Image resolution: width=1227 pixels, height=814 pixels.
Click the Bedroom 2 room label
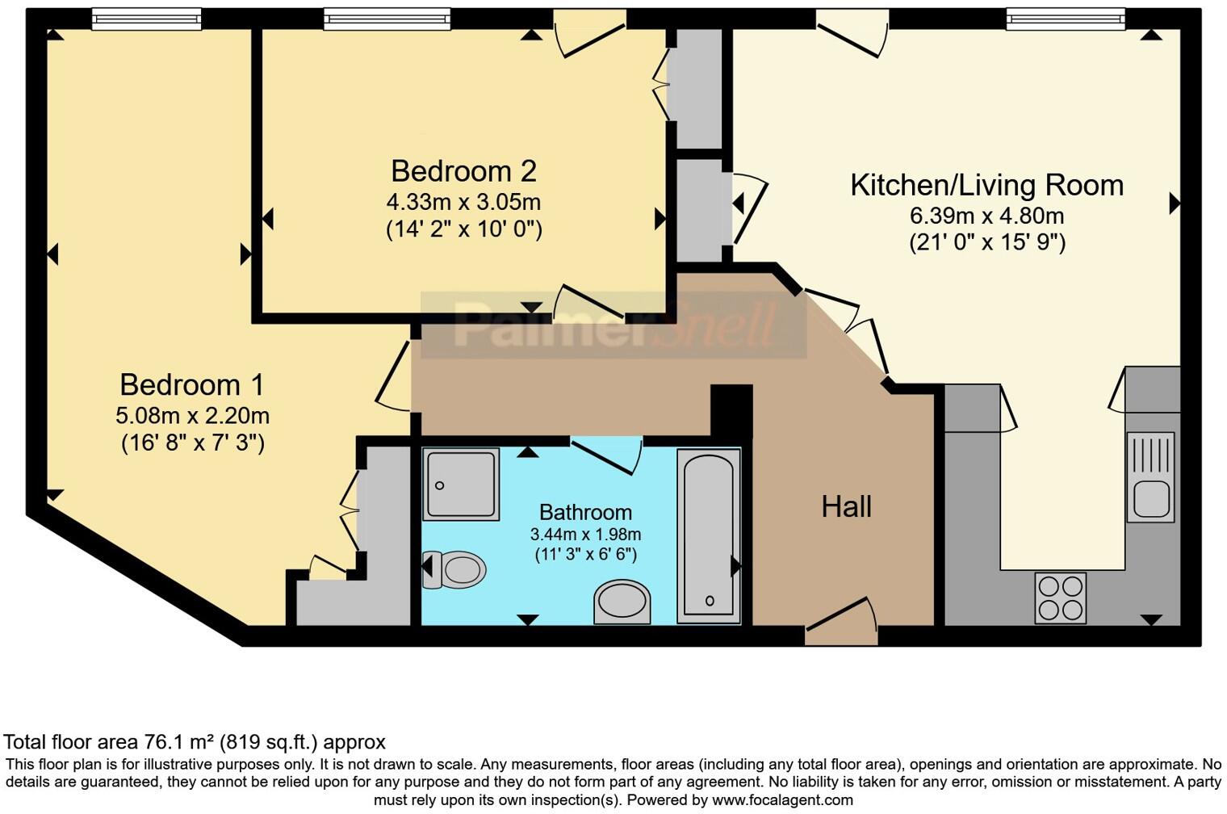(463, 171)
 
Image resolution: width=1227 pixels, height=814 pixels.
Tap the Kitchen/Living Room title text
(986, 186)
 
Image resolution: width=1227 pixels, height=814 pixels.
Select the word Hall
(846, 507)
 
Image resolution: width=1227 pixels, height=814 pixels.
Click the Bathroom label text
(585, 512)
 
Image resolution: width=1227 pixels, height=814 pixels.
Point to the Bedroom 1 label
(192, 384)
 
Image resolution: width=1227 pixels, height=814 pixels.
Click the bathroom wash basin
(622, 602)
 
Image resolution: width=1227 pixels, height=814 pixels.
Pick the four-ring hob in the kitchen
(1061, 598)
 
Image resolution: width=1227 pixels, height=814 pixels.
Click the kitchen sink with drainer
(1150, 476)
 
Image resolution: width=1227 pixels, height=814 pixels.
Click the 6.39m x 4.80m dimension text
(986, 216)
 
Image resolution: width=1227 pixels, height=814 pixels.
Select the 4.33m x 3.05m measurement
(463, 201)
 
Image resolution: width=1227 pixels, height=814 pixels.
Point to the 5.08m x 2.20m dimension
(192, 416)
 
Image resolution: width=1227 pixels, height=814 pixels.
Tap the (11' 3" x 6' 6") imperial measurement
(585, 555)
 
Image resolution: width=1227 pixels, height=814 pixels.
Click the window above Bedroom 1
(146, 18)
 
